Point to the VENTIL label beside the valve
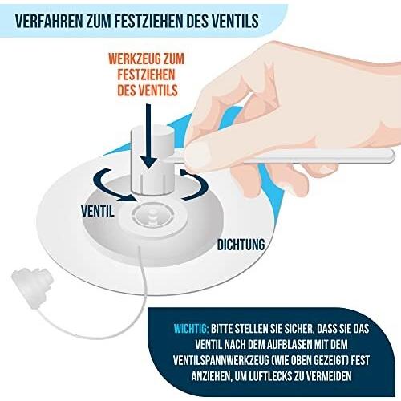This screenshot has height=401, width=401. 98,211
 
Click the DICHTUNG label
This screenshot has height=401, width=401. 241,245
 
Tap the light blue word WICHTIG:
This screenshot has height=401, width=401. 191,329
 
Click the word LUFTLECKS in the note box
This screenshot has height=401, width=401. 270,376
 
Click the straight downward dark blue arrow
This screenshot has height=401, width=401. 148,136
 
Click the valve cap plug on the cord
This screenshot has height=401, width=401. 33,287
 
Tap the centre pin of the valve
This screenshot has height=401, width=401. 152,216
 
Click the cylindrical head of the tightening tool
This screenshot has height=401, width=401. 152,160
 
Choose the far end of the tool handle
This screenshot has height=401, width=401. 392,156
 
